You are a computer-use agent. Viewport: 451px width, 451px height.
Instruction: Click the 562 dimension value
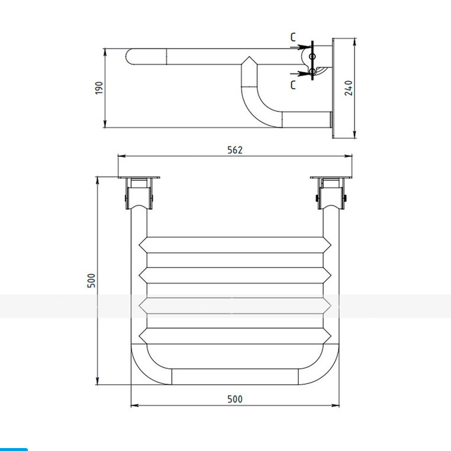[x=235, y=150]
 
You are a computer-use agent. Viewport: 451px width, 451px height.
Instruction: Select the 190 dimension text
[x=99, y=88]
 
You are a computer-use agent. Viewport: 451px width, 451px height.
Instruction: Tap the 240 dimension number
[x=349, y=88]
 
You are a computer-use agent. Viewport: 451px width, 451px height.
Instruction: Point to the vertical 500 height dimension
[x=91, y=281]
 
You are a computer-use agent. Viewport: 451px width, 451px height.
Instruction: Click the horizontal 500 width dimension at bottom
[x=235, y=399]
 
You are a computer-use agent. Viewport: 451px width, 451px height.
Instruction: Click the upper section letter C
[x=293, y=37]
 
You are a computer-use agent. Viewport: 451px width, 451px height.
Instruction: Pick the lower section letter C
[x=293, y=85]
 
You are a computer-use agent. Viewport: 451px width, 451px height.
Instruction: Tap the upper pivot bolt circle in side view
[x=313, y=56]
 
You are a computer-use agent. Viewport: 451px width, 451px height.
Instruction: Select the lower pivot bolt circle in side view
[x=313, y=71]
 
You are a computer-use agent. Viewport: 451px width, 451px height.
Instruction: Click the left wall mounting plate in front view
[x=138, y=178]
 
